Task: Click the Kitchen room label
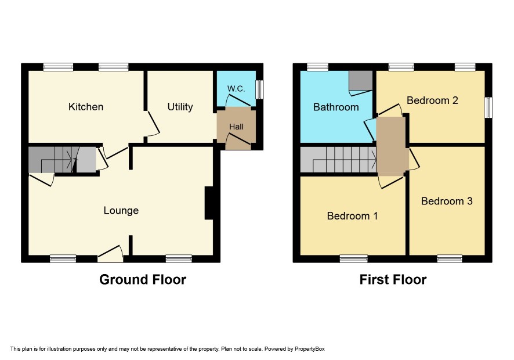pos(86,107)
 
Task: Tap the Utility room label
pos(180,107)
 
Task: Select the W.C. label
pos(236,89)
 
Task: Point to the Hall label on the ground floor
pos(236,127)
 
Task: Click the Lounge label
pos(121,210)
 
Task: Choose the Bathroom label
pos(336,107)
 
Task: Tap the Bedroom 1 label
pos(352,216)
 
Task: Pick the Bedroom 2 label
pos(432,100)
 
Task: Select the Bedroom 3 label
pos(447,201)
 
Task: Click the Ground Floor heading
pos(143,280)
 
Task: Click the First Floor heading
pos(393,280)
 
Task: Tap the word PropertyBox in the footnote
pos(309,349)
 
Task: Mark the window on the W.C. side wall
pos(259,89)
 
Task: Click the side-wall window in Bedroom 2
pos(488,107)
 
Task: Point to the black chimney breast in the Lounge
pos(209,203)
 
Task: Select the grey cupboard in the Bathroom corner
pos(361,80)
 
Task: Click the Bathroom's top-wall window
pos(318,67)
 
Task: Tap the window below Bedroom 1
pos(354,259)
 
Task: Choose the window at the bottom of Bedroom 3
pos(450,259)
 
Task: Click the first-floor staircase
pos(339,160)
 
